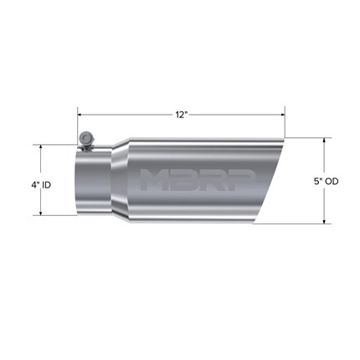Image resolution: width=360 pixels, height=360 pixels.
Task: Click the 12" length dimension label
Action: coord(181,115)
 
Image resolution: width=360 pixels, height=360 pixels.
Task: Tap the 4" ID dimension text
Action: coord(41,185)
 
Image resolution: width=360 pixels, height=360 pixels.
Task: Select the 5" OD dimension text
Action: coord(327,182)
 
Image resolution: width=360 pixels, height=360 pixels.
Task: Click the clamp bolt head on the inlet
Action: coord(85,137)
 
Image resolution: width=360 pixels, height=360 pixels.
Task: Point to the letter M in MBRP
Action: coord(153,180)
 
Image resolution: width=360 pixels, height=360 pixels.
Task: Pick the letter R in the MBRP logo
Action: coord(213,180)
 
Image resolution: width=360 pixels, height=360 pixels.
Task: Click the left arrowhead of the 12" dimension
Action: coord(80,115)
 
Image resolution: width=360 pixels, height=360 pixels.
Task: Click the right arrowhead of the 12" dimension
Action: coord(282,115)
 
